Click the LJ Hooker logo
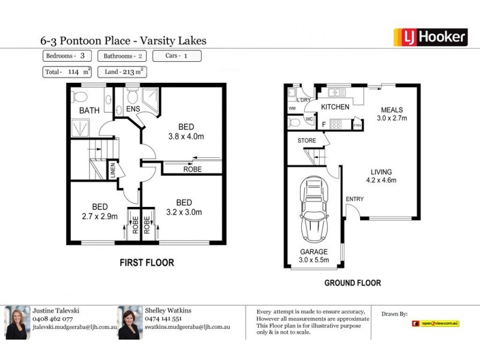(430, 37)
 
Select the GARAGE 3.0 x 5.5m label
(314, 256)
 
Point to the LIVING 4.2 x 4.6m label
(380, 175)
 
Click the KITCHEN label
(335, 107)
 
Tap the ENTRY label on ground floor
(355, 199)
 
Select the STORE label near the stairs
(307, 140)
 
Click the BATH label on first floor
(89, 110)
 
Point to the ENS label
(133, 110)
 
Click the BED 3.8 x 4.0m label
(186, 131)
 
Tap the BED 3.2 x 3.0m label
(184, 207)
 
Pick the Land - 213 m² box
(122, 72)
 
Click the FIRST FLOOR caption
(146, 262)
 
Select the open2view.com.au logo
(435, 323)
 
